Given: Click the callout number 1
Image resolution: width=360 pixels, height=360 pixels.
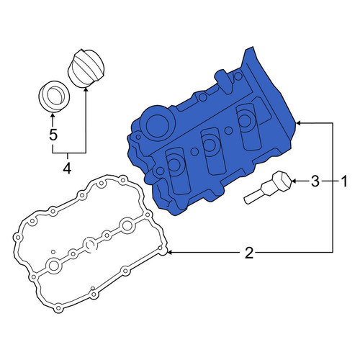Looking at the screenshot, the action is coord(344,181).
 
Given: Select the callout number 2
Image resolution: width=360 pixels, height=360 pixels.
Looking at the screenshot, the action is coord(249,253).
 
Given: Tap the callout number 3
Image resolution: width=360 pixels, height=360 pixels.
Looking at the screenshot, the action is coord(315,181).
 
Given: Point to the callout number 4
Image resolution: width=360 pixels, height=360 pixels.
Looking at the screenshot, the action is coord(67,168).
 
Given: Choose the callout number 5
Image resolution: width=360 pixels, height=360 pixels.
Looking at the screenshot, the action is coord(53,135).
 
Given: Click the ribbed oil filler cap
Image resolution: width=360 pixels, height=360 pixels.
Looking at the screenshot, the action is coord(86,68).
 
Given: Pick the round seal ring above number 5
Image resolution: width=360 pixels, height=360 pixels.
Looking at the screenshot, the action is coord(55,96).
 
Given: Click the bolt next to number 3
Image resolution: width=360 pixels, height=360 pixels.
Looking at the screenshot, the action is coord(268,187).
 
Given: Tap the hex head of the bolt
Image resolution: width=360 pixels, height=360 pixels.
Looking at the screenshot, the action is coord(283,181).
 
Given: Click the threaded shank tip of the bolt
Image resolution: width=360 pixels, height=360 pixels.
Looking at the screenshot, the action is coord(247,200).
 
